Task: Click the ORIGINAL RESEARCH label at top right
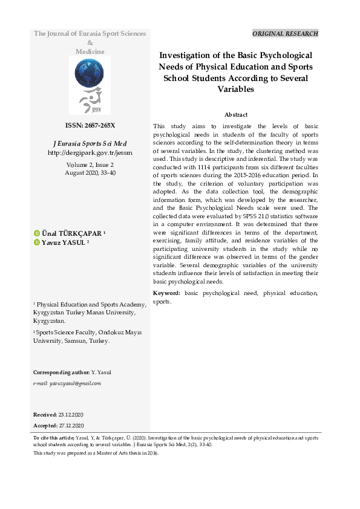tap(284, 34)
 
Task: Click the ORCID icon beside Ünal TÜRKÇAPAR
tap(37, 233)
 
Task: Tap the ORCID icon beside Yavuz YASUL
tap(37, 242)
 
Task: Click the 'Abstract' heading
tap(235, 114)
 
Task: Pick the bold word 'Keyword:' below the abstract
tap(167, 293)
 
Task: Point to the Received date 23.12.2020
tap(71, 414)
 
